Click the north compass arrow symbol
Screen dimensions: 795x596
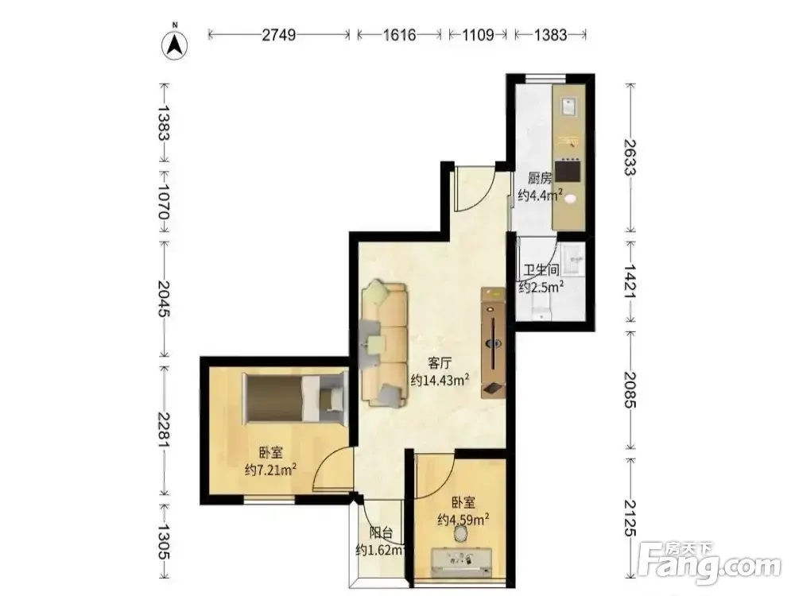click(174, 45)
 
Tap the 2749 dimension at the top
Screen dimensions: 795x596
click(278, 34)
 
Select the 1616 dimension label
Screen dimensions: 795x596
click(400, 34)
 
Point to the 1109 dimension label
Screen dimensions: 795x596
click(478, 34)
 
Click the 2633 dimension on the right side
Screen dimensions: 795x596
click(630, 157)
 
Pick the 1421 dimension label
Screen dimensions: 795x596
click(630, 281)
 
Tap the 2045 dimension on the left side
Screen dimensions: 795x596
click(163, 299)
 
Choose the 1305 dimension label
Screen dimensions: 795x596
click(163, 542)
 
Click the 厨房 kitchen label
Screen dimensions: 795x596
click(540, 178)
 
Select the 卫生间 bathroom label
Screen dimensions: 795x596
click(541, 270)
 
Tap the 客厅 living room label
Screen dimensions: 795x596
click(440, 363)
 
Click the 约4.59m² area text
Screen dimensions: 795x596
click(463, 520)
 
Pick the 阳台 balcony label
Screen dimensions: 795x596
click(382, 532)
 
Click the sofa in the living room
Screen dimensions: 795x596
click(384, 343)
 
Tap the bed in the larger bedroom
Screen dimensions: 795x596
click(294, 398)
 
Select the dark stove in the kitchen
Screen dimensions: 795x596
click(568, 171)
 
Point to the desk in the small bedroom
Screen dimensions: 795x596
click(462, 562)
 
